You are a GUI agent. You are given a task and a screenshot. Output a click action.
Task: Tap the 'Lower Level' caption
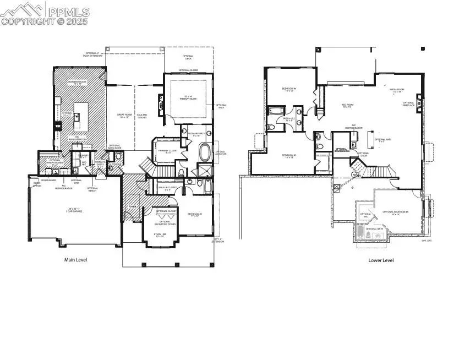coord(381,260)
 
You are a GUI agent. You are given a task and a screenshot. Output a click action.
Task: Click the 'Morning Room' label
coord(78,83)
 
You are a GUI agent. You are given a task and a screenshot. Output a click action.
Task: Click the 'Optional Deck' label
coord(188,57)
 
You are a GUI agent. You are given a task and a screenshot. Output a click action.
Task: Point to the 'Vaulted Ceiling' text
coord(141,116)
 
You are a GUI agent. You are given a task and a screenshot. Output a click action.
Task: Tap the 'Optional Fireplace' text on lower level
coord(408,103)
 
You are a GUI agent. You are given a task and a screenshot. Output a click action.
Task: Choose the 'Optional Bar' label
coord(382,139)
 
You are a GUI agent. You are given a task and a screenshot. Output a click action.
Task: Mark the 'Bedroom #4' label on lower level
coord(289,90)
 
